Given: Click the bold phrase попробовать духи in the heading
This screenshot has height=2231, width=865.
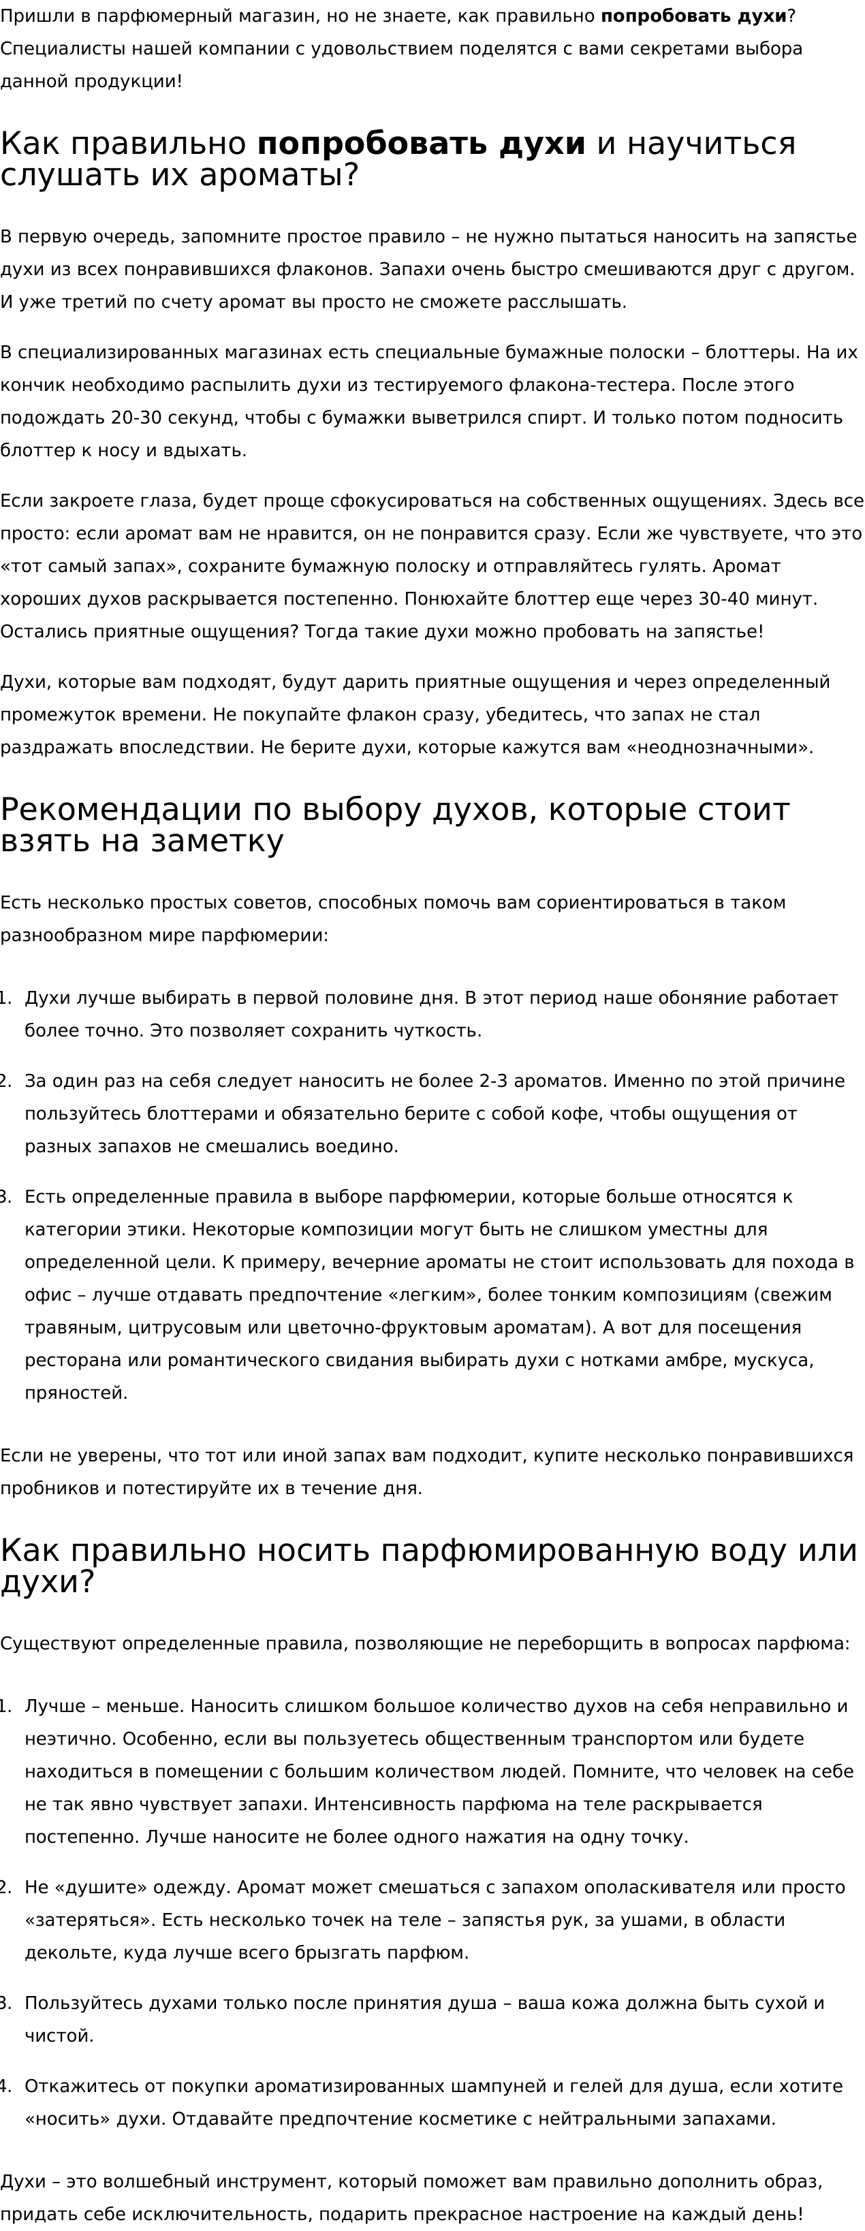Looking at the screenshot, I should coord(421,144).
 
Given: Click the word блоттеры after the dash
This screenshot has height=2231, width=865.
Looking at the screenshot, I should coord(753,353).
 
